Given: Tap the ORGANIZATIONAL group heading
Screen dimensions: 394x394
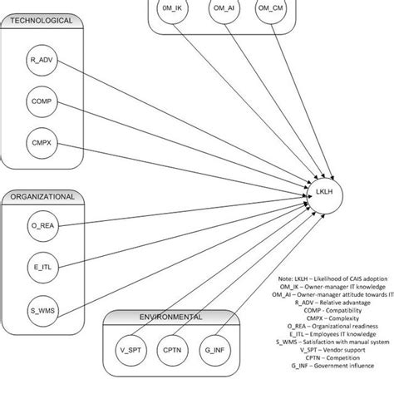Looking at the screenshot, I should click(x=42, y=197).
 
